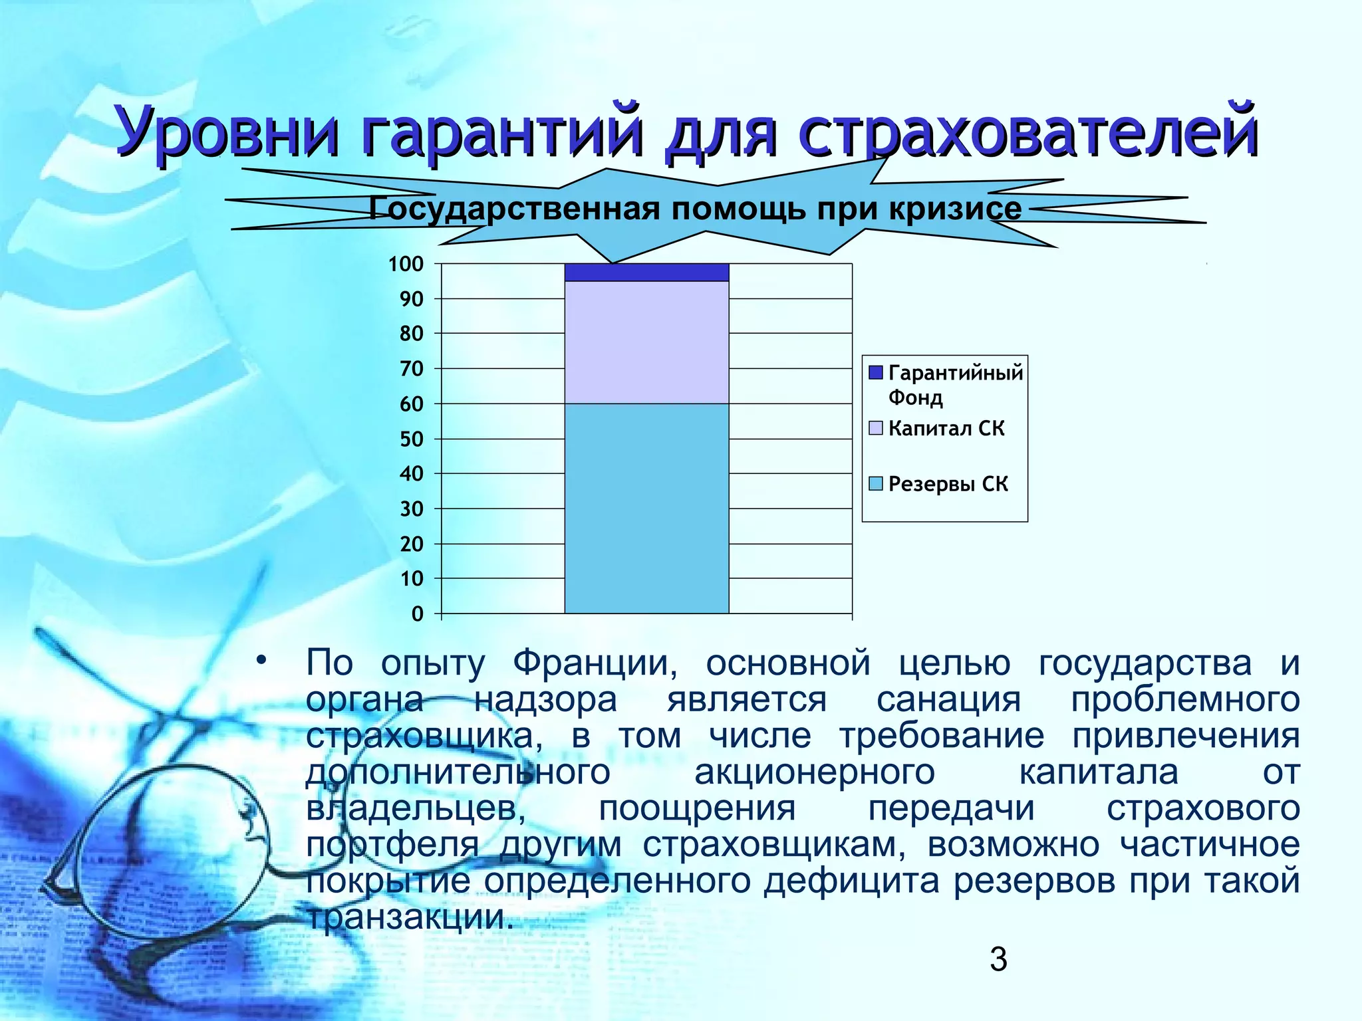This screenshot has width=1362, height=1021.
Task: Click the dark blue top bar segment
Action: click(646, 273)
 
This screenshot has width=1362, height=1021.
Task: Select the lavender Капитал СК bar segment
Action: click(646, 342)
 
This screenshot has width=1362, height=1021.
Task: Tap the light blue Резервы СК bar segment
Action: click(646, 509)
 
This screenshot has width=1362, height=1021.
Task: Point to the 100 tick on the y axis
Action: click(406, 265)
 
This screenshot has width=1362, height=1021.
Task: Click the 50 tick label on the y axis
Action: click(411, 439)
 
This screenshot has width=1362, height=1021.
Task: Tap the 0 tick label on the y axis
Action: click(418, 614)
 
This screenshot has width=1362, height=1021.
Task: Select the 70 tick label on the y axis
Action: click(411, 369)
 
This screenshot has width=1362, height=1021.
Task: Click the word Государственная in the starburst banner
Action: click(515, 209)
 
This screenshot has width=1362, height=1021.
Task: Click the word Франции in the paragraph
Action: click(594, 663)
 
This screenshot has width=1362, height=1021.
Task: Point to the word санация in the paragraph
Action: click(948, 699)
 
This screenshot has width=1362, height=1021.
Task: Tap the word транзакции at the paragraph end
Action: click(409, 918)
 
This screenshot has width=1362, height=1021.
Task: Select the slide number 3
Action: click(998, 960)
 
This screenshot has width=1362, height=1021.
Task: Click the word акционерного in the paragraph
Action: click(814, 772)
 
